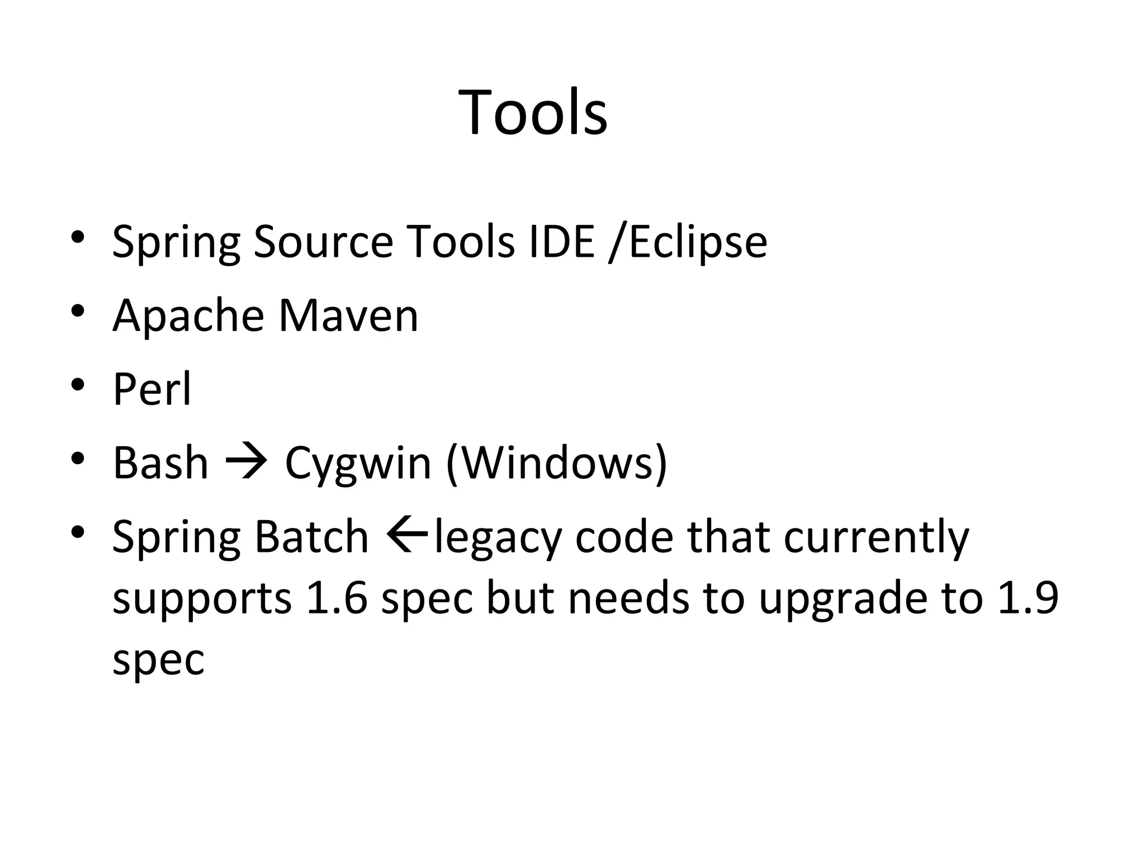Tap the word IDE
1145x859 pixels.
tap(561, 242)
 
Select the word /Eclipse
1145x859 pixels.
tap(688, 242)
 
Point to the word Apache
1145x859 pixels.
tap(188, 315)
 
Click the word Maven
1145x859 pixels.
tap(348, 315)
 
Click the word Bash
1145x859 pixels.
tap(160, 462)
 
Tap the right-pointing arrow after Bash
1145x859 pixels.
tap(246, 462)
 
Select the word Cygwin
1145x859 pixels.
tap(358, 462)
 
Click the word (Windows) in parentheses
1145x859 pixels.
tap(557, 462)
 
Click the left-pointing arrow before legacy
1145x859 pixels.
tap(406, 535)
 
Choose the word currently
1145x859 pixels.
tap(876, 536)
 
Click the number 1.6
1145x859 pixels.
tap(337, 598)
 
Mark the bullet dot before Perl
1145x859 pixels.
tap(78, 385)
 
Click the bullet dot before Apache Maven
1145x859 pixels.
tap(78, 311)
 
